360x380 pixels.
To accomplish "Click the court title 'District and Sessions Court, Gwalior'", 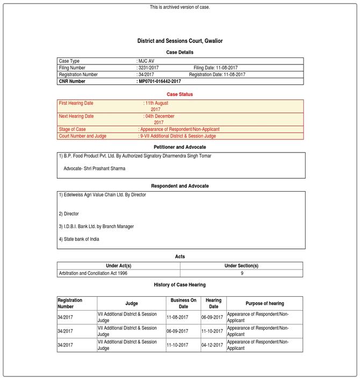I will coord(179,41).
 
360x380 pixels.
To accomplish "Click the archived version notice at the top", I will coord(179,7).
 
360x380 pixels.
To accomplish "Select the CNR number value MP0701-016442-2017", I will coord(160,82).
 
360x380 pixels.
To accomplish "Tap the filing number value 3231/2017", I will coord(148,68).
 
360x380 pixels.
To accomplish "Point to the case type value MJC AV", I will coord(146,61).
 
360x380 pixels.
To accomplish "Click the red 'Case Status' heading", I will coord(179,94).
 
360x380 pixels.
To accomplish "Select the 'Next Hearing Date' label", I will coord(76,116).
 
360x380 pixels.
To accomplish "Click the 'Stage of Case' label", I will coord(73,129).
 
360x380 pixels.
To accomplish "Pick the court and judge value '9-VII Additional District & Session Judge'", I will coord(178,136).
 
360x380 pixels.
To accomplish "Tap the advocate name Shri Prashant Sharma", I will coord(95,169).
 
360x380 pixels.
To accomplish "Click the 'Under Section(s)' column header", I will coord(241,266).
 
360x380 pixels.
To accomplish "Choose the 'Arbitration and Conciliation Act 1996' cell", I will coord(93,273).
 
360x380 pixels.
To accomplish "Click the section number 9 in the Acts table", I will coord(241,273).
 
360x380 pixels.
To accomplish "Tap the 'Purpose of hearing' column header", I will coord(264,303).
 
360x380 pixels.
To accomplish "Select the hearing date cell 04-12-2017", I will coord(213,345).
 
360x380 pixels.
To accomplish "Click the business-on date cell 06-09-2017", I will coord(177,331).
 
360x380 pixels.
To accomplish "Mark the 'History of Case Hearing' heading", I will coord(179,284).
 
